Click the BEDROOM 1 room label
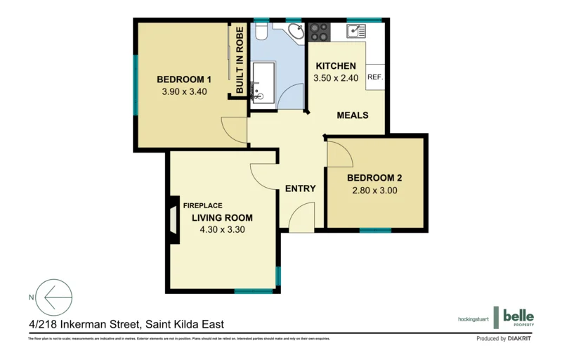point(184,79)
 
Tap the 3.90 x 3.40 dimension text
point(184,91)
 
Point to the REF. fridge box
point(374,77)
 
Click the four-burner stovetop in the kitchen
point(320,32)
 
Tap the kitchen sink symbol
point(355,31)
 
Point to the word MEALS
point(353,115)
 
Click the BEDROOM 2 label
point(374,178)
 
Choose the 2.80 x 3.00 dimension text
point(374,191)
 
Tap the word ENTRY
point(300,188)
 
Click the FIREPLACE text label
point(203,205)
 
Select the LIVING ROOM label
point(222,217)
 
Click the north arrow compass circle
point(54,297)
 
